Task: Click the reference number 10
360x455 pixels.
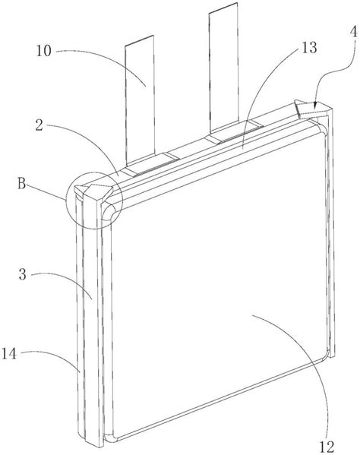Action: click(44, 51)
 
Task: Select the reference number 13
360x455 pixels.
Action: click(309, 48)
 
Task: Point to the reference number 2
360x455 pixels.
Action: click(39, 125)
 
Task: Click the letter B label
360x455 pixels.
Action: click(22, 184)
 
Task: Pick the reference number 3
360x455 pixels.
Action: click(23, 274)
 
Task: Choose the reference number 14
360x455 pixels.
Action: click(9, 354)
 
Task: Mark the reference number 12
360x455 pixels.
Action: click(327, 447)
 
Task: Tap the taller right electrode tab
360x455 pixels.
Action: click(223, 70)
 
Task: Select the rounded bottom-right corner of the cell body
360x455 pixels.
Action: click(326, 355)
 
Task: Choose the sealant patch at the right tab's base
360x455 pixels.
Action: click(234, 131)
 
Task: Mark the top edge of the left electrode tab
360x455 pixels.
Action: click(139, 40)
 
